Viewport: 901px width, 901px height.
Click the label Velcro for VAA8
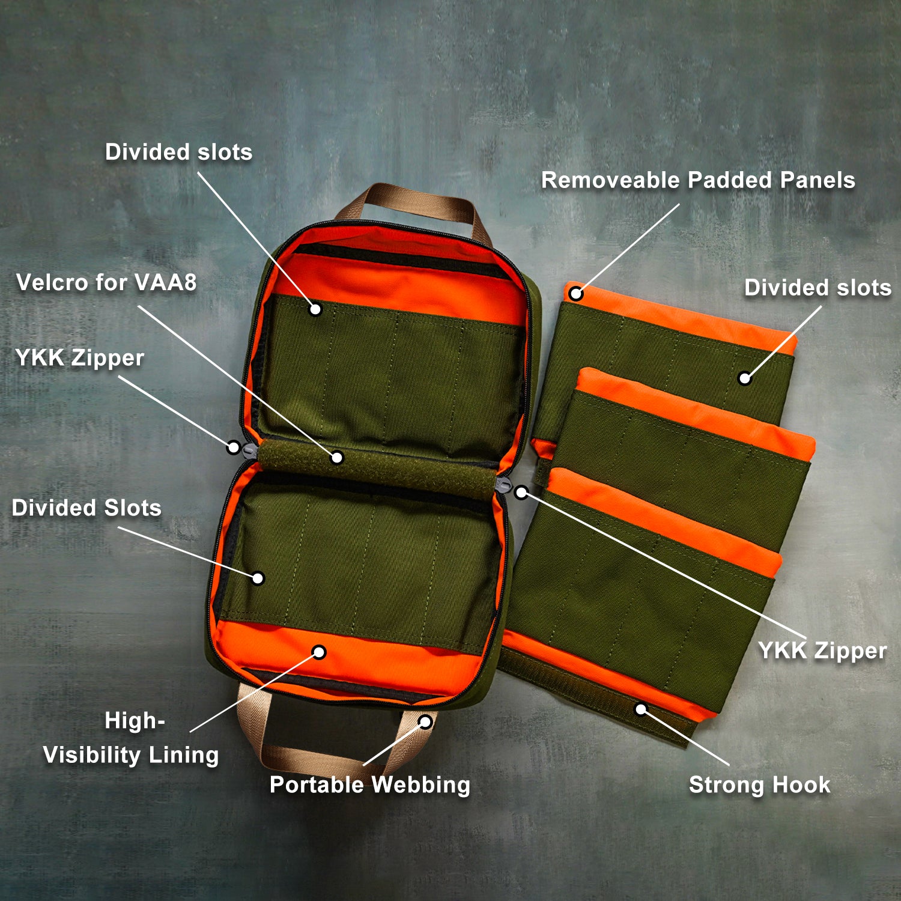tap(106, 282)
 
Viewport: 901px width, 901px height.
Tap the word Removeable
tap(610, 180)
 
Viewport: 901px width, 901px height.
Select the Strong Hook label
tap(759, 784)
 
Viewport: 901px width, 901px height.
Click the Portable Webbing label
tap(370, 785)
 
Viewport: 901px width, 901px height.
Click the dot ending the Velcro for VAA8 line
tap(337, 458)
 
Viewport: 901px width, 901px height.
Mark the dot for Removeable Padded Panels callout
tap(576, 294)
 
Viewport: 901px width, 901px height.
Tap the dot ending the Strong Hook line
tap(642, 709)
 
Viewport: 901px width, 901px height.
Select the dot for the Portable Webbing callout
tap(425, 721)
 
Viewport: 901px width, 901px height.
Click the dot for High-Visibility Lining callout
tap(320, 652)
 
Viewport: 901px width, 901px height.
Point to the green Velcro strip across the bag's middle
tap(377, 469)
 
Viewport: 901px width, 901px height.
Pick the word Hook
tap(801, 784)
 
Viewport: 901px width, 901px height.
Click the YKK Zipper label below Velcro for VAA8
tap(79, 358)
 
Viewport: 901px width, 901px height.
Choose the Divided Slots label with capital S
tap(86, 508)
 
